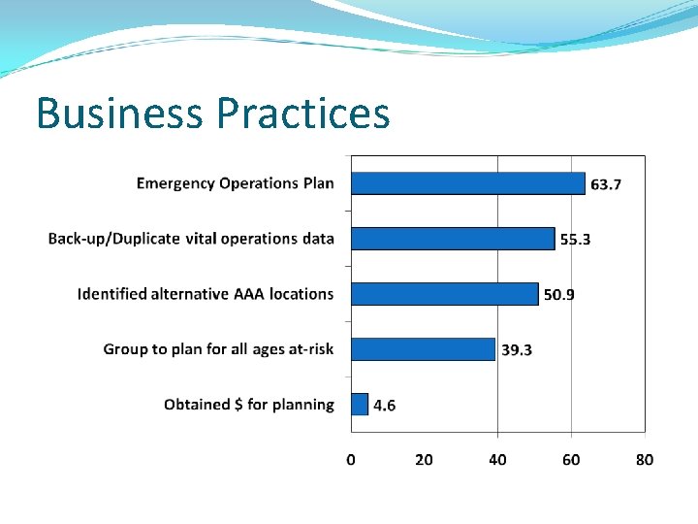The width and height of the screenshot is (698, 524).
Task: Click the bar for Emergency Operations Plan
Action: [468, 183]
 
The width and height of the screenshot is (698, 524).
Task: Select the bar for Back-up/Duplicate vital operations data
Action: [453, 239]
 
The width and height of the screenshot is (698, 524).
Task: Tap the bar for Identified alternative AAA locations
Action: [444, 294]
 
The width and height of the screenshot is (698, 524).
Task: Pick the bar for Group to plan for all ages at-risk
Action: [423, 349]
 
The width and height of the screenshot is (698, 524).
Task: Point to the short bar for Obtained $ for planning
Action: [360, 405]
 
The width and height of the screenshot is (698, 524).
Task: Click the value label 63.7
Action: [606, 184]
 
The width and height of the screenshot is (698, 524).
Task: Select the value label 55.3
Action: [575, 240]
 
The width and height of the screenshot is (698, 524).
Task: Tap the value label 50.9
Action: [558, 295]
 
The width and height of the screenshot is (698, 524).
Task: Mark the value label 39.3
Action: [516, 350]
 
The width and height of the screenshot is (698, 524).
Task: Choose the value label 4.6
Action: [384, 406]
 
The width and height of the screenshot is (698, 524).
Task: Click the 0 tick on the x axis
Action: [351, 460]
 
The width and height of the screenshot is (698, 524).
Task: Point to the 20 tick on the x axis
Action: [424, 460]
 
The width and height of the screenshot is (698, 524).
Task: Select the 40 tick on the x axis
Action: [497, 460]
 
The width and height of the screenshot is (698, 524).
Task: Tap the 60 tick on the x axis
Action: [571, 460]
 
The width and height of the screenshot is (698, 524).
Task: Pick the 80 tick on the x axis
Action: [645, 460]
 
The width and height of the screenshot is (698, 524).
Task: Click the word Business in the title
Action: [120, 114]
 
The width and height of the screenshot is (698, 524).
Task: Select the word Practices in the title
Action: [303, 114]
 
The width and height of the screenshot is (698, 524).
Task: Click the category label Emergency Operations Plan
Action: [235, 183]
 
